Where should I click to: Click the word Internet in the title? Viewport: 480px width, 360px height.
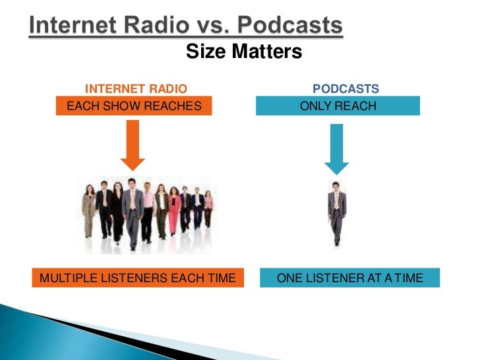(73, 27)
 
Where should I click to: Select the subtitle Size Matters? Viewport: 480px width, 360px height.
(244, 51)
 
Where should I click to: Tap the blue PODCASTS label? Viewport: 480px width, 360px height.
(345, 89)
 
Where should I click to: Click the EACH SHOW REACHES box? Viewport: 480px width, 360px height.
(134, 105)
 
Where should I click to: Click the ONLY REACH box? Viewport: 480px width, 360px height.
(338, 105)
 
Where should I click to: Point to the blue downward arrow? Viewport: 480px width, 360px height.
(337, 148)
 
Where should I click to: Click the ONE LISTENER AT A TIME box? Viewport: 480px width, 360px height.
(349, 278)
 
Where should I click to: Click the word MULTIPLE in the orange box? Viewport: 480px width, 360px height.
(65, 278)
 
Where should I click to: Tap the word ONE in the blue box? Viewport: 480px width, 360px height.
(289, 278)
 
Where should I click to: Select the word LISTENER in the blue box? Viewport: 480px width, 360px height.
(332, 278)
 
